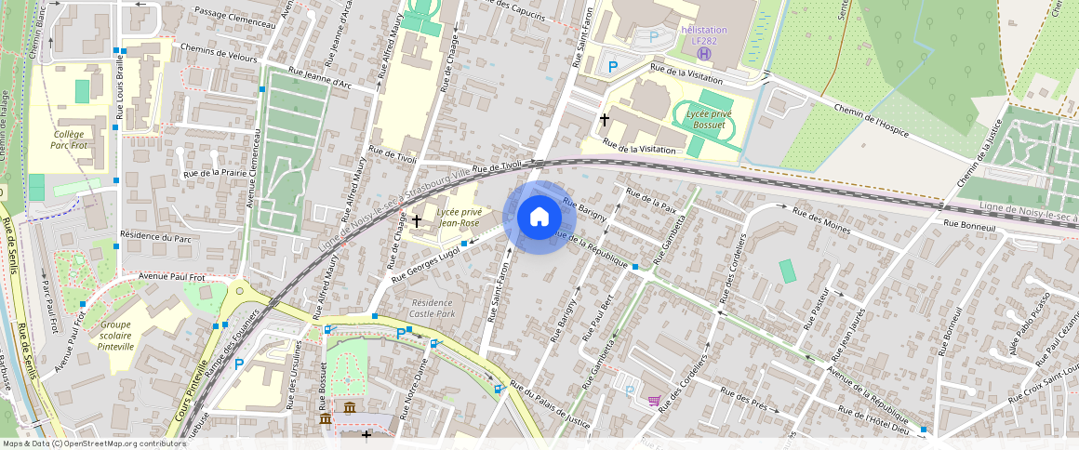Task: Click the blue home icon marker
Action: (x=539, y=218)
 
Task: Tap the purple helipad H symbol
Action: (x=704, y=54)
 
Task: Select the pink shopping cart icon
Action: (x=655, y=401)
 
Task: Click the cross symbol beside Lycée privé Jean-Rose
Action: (x=417, y=220)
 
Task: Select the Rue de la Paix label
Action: (x=652, y=199)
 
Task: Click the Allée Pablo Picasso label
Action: (x=1038, y=325)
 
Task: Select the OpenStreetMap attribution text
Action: (x=94, y=443)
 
